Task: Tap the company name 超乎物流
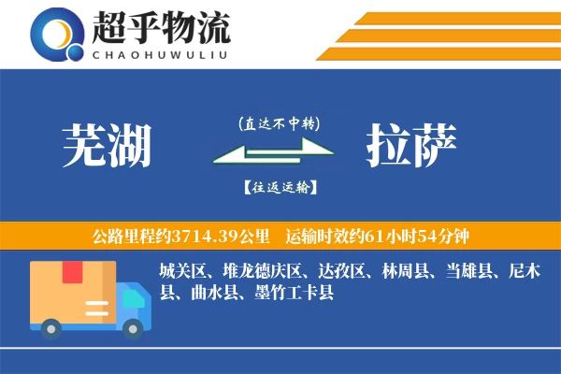coord(161,29)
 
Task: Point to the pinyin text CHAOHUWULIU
coord(161,53)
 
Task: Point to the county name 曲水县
coord(213,293)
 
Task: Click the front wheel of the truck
coord(135,326)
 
